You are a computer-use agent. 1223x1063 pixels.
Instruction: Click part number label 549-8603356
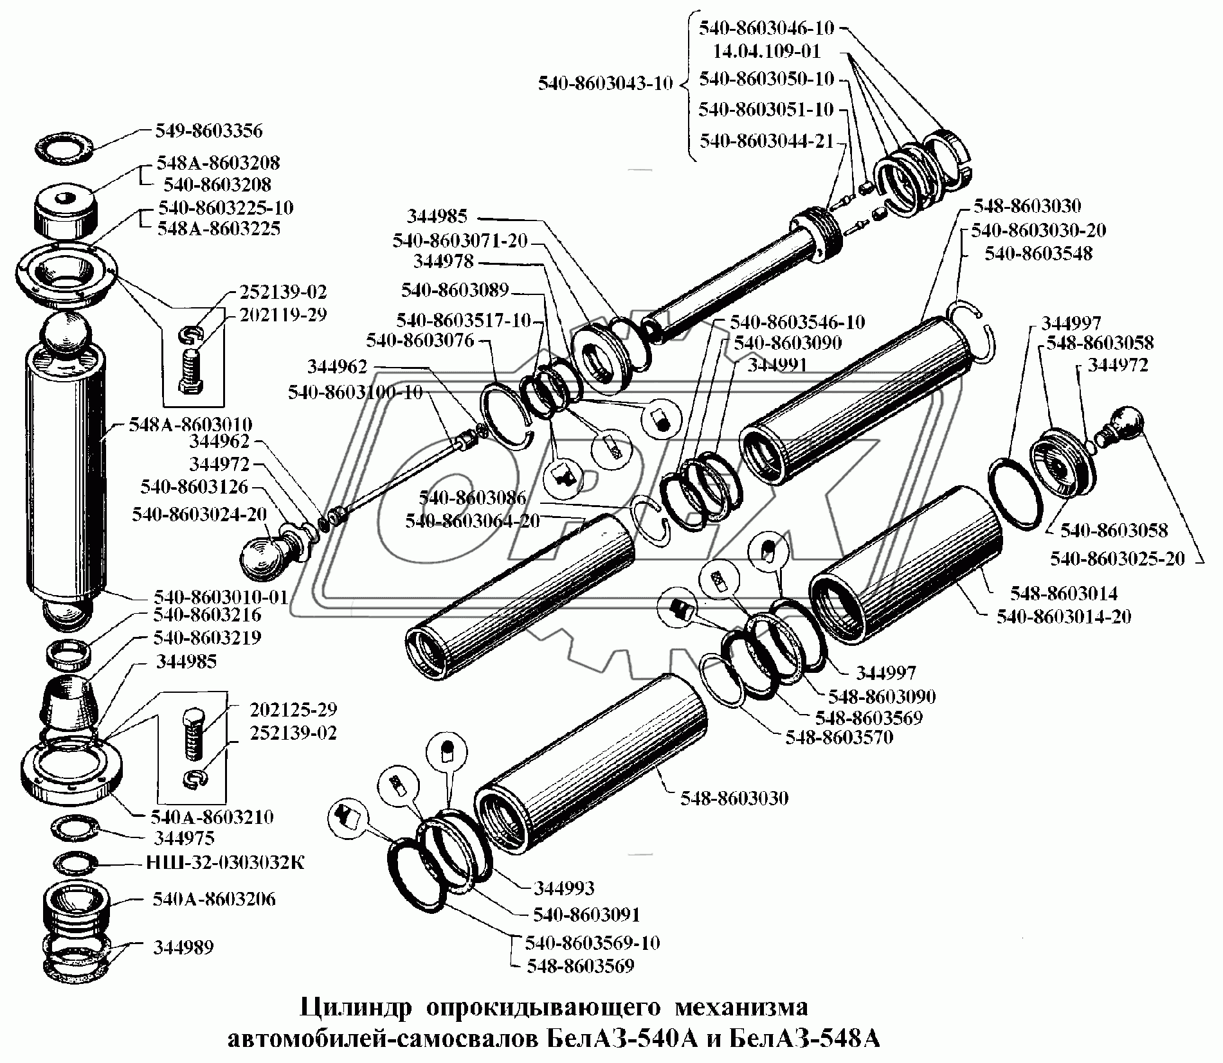208,131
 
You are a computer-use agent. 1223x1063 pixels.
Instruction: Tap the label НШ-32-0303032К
226,862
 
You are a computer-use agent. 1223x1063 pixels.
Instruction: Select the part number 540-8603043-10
605,84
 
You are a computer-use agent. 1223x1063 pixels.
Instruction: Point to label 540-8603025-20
1117,558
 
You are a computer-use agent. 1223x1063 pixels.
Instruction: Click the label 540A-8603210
212,817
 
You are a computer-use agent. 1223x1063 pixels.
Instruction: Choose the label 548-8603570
839,737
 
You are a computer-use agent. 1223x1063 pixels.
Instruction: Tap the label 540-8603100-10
355,392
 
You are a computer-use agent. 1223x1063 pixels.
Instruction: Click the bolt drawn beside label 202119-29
192,368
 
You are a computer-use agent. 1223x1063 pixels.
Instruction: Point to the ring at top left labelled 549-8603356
64,148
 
